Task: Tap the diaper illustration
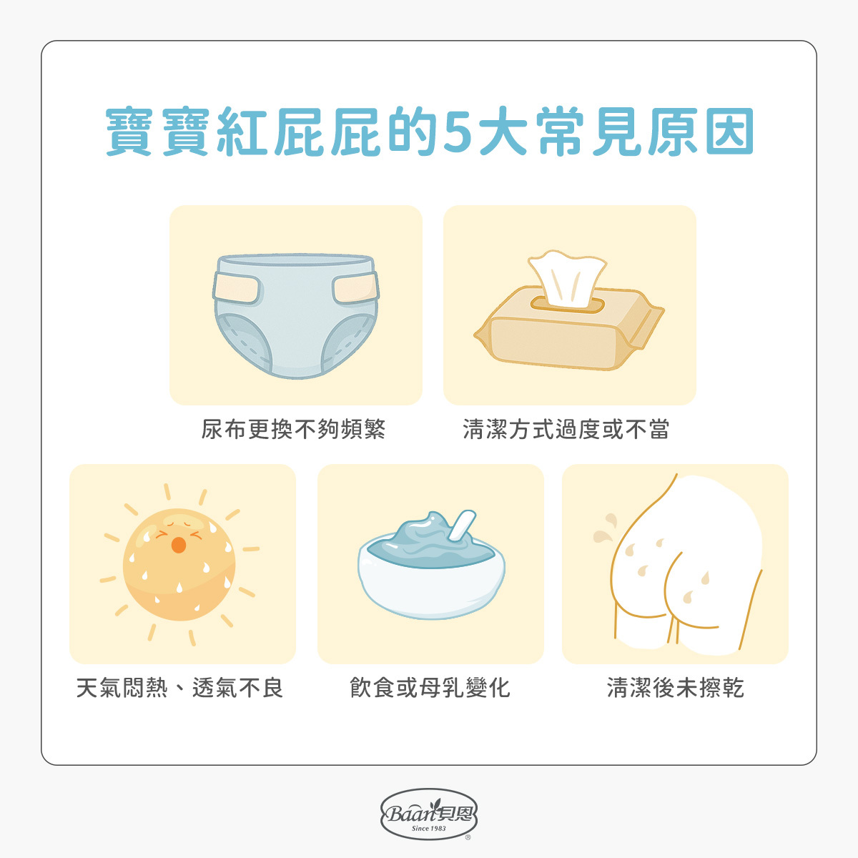pyautogui.click(x=295, y=315)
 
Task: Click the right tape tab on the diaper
pyautogui.click(x=355, y=289)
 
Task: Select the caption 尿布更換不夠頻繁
pyautogui.click(x=293, y=429)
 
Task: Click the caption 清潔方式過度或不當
pyautogui.click(x=566, y=429)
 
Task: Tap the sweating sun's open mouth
pyautogui.click(x=178, y=545)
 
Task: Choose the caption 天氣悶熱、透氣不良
pyautogui.click(x=179, y=688)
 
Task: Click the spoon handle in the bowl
pyautogui.click(x=461, y=526)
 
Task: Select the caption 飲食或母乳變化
pyautogui.click(x=430, y=688)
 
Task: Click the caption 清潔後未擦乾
pyautogui.click(x=675, y=688)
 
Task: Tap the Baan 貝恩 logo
pyautogui.click(x=429, y=814)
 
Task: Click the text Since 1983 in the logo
pyautogui.click(x=429, y=829)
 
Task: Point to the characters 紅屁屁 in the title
pyautogui.click(x=297, y=133)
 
